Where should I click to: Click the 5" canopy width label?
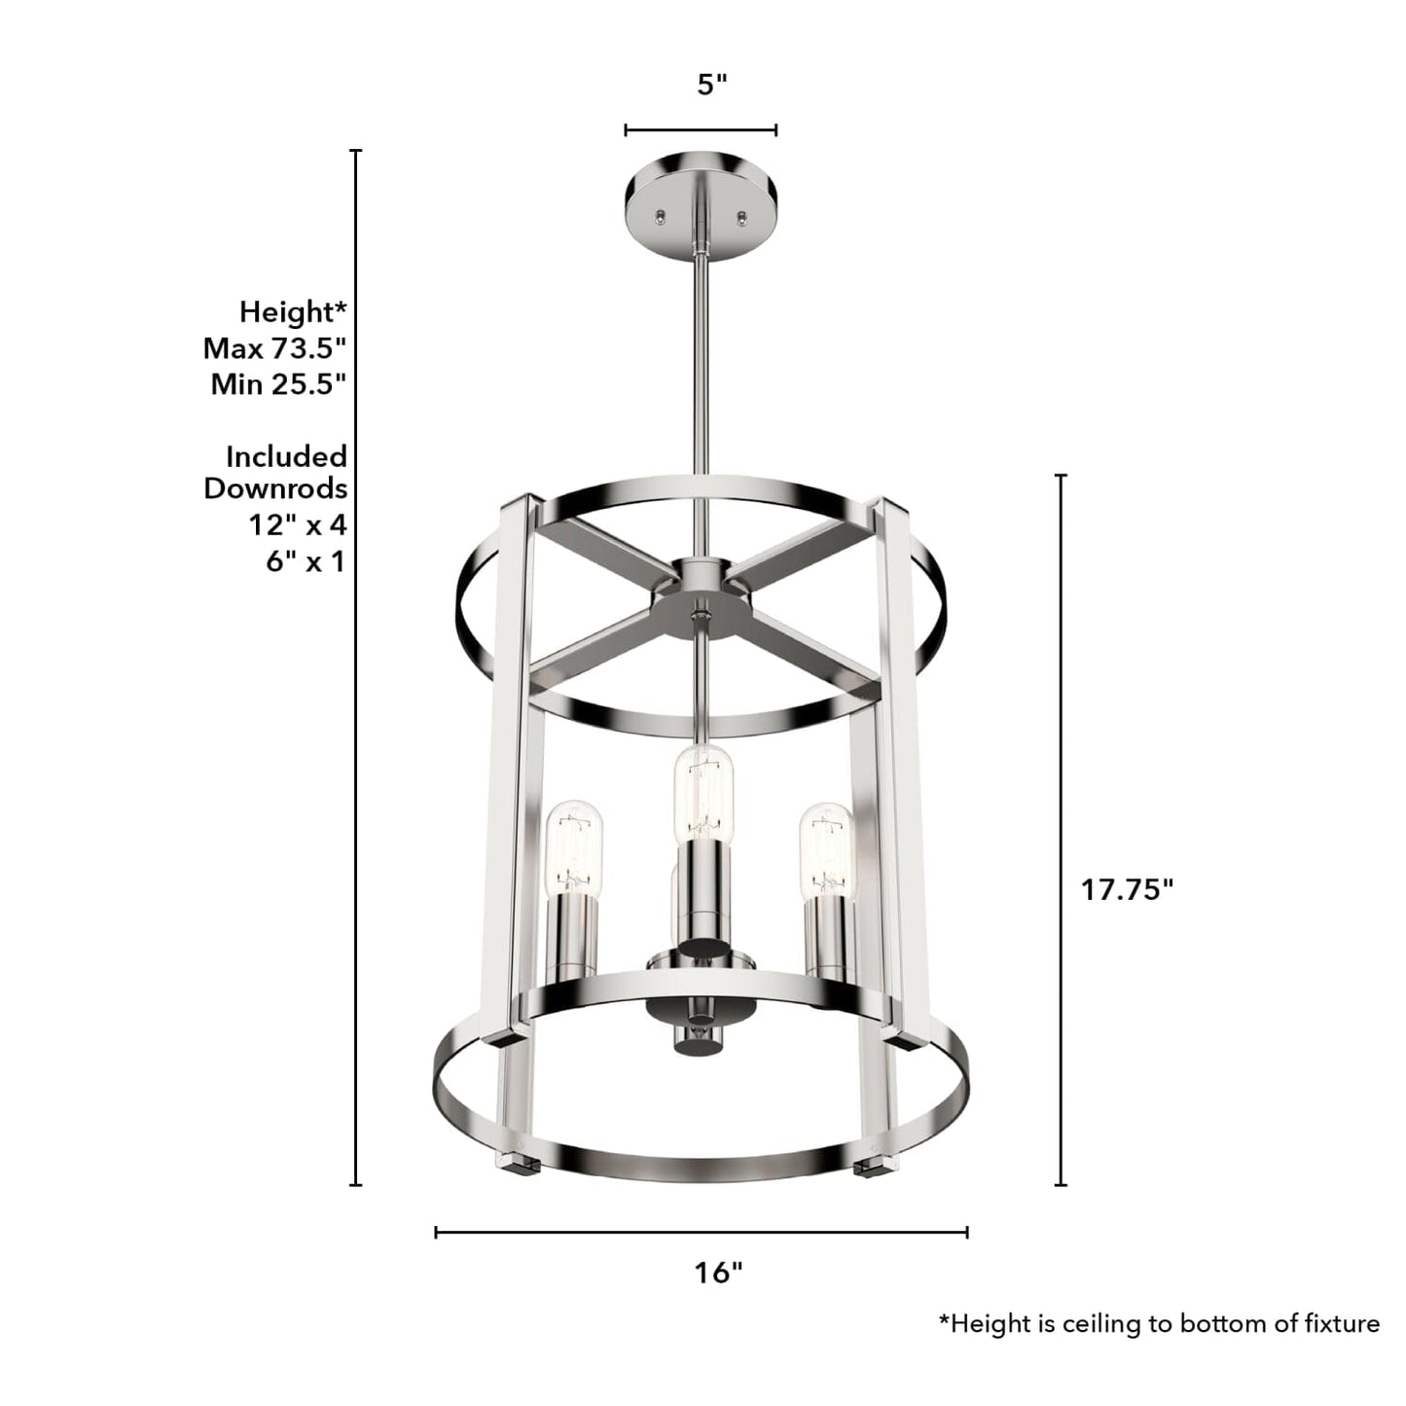coord(712,85)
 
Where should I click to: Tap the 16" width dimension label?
coord(718,1272)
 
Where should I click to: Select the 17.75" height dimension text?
coord(1128,889)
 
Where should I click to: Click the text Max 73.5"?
coord(275,348)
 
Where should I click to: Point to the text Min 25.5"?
coord(279,384)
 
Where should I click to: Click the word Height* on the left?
coord(293,312)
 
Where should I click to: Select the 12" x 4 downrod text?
coord(297,525)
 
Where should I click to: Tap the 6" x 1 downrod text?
coord(306,562)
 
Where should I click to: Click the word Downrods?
coord(275,488)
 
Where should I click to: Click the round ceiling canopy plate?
coord(700,190)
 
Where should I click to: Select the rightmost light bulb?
coord(826,847)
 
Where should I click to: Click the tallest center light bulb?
coord(703,793)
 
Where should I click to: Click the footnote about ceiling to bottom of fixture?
coord(1158,1323)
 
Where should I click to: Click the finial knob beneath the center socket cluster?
coord(697,1036)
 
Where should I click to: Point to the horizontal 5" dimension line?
coord(701,129)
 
